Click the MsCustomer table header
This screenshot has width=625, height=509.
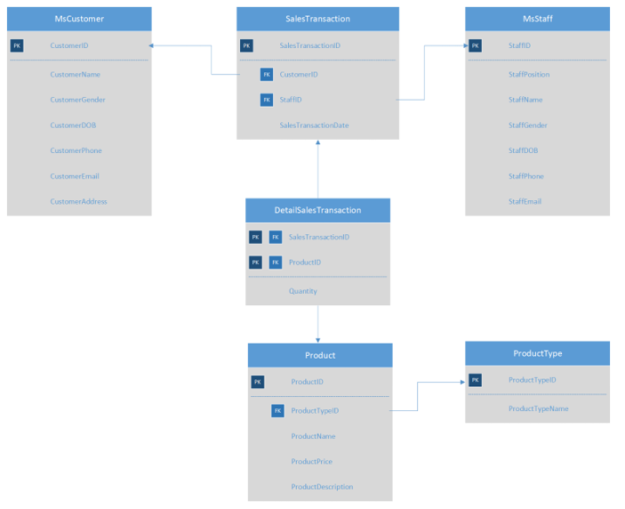(79, 19)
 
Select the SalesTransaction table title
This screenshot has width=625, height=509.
(317, 19)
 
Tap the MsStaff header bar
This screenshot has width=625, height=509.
(537, 19)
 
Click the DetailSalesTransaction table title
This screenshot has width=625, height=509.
(317, 210)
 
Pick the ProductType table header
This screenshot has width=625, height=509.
(537, 353)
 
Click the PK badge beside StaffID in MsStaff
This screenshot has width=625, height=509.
(476, 45)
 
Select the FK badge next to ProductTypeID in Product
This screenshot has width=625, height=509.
(277, 411)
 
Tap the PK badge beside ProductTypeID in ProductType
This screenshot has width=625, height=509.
(476, 380)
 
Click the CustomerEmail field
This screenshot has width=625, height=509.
(75, 176)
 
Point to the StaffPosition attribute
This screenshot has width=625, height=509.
(529, 75)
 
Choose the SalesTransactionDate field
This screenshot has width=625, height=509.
(314, 125)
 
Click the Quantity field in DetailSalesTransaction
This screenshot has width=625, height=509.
(302, 291)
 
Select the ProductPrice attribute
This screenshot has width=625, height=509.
(311, 461)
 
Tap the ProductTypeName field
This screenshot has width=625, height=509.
(538, 408)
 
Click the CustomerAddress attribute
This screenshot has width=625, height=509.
(78, 201)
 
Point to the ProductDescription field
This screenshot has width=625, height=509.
(322, 487)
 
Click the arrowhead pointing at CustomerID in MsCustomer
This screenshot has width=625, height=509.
(153, 45)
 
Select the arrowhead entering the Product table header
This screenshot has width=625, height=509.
(317, 339)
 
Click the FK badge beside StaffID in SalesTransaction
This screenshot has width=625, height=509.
(267, 100)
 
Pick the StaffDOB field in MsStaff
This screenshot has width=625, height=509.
(523, 150)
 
